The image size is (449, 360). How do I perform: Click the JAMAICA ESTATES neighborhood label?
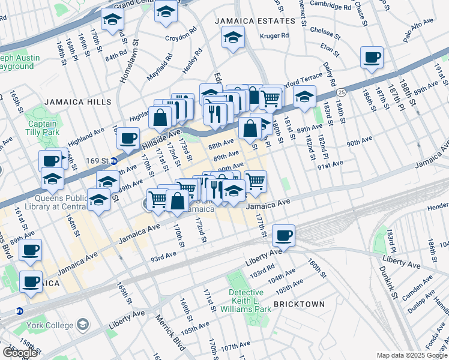(x=256, y=21)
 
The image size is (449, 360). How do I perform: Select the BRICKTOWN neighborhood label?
(x=299, y=304)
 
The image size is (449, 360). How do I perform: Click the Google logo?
(x=20, y=353)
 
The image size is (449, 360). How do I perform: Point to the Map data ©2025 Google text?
(x=412, y=355)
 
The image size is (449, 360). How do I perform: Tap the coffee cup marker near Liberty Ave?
(x=284, y=235)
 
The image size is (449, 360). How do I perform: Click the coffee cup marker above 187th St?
(x=372, y=58)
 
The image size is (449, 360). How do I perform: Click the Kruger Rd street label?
(x=274, y=36)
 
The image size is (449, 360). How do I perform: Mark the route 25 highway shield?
(x=341, y=92)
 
